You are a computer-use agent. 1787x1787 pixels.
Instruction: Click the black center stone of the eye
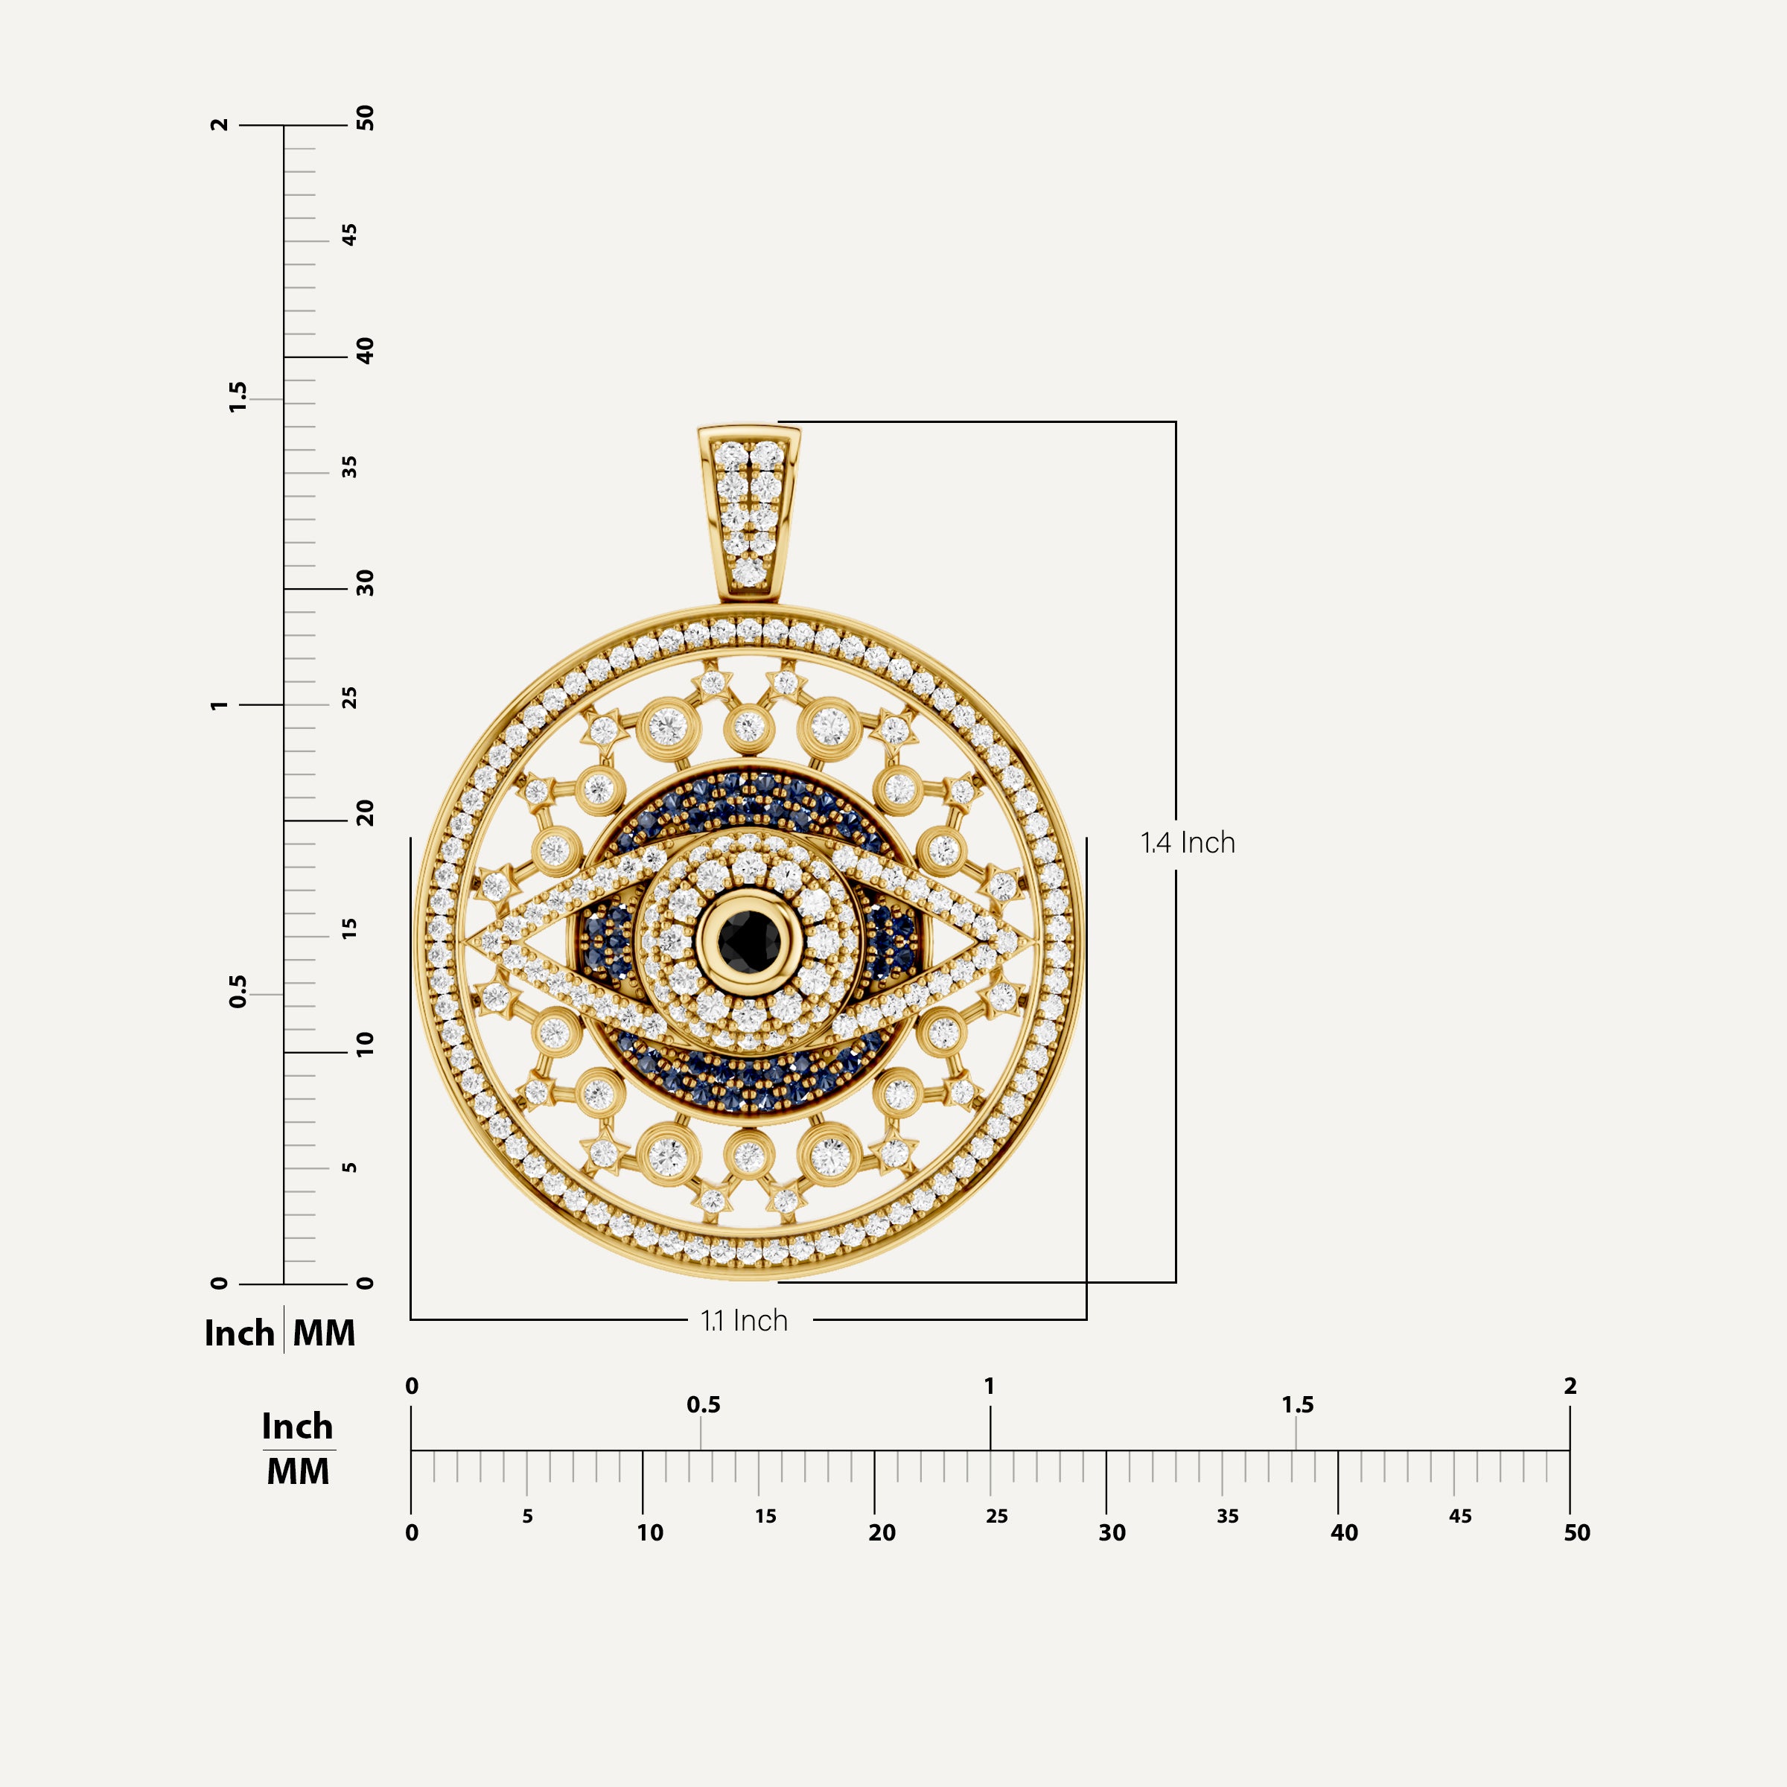click(748, 940)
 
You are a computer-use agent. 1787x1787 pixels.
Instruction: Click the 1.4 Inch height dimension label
click(1188, 843)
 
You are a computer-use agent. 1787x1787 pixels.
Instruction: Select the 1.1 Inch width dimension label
click(744, 1321)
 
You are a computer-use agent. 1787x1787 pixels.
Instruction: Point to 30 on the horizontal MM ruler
click(1112, 1532)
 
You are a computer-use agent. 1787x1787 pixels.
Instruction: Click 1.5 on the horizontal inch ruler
click(1297, 1405)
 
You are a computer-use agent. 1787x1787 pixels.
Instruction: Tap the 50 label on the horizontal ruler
click(1576, 1532)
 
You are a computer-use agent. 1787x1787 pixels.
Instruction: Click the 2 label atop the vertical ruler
click(219, 125)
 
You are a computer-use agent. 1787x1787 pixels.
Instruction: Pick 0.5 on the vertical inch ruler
click(238, 992)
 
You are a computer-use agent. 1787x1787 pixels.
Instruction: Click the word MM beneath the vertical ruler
click(324, 1333)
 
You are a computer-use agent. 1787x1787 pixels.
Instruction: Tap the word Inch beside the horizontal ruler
click(297, 1427)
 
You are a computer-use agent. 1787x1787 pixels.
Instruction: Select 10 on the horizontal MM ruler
click(649, 1532)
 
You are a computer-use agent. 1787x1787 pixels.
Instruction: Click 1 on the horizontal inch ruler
click(990, 1386)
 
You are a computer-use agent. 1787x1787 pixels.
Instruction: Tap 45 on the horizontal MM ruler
click(1459, 1516)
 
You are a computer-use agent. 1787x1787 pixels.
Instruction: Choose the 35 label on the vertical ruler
click(348, 467)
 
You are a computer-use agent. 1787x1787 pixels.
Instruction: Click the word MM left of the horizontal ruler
click(298, 1471)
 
